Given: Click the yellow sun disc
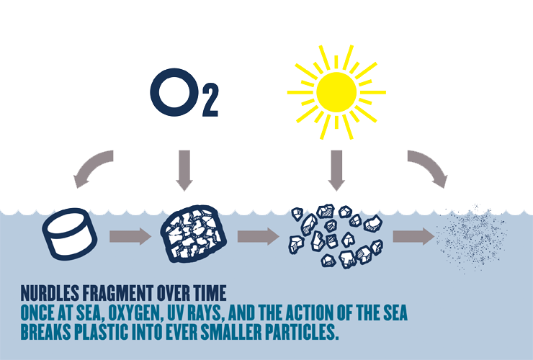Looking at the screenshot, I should pos(336,91).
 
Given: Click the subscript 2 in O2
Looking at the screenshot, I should pos(208,105).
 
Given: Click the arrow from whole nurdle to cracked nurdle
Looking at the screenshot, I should pos(129,236).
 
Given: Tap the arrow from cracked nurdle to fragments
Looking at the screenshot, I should pos(257,236).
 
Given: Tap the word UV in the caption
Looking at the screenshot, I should pos(189,315).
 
